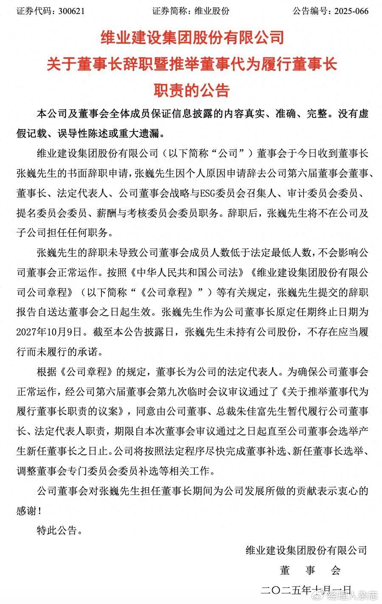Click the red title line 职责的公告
pyautogui.click(x=191, y=90)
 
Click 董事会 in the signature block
pyautogui.click(x=310, y=570)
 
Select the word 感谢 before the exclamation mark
pyautogui.click(x=26, y=511)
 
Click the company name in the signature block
pyautogui.click(x=306, y=551)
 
